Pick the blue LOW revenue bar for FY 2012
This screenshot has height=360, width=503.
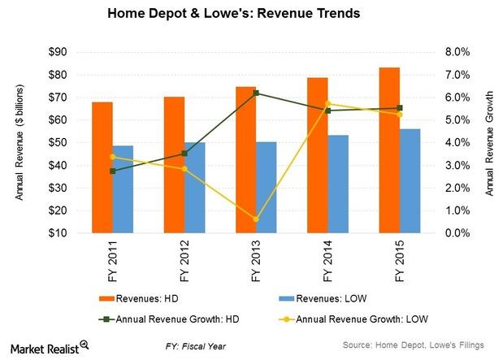(196, 188)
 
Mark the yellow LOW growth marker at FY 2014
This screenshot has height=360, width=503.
(329, 103)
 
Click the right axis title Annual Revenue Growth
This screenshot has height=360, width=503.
(489, 142)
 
